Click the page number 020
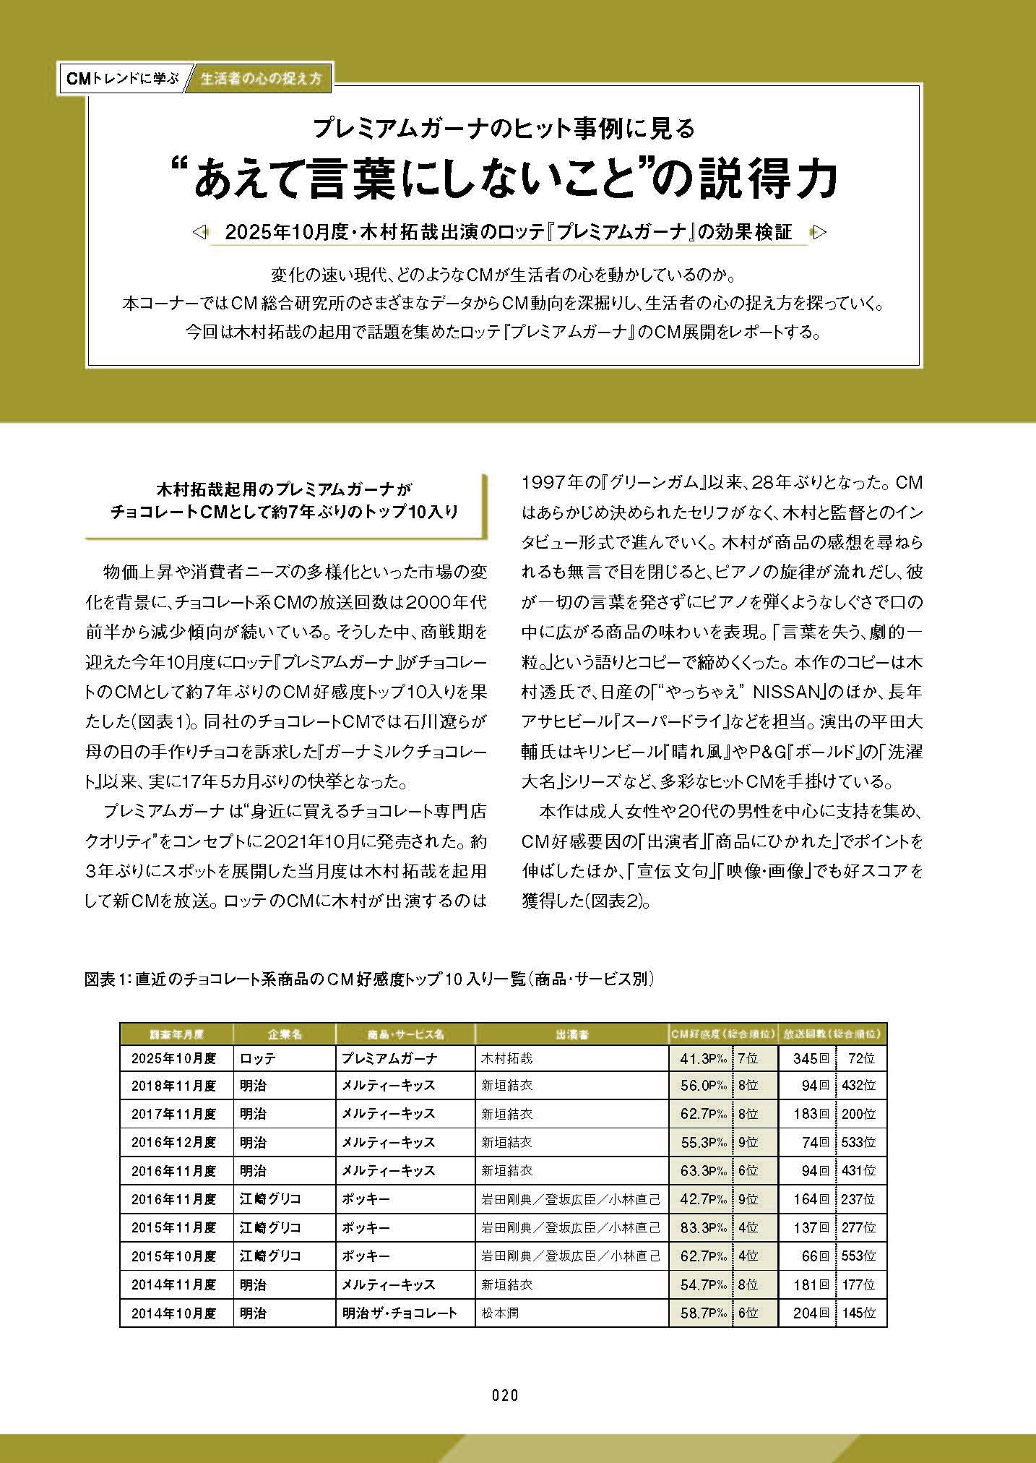tap(505, 1395)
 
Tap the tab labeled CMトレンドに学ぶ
tap(122, 78)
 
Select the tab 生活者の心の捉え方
tap(261, 78)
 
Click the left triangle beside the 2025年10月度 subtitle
tap(200, 232)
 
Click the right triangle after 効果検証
tap(819, 232)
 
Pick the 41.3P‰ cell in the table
tap(702, 1059)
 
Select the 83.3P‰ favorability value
tap(702, 1228)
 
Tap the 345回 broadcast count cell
tap(810, 1059)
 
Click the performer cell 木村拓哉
tap(507, 1059)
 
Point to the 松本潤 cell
tap(500, 1313)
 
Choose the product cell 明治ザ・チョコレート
tap(400, 1313)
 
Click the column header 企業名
tap(284, 1034)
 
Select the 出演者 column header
tap(571, 1034)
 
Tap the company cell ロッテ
tap(258, 1059)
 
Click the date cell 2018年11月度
tap(174, 1086)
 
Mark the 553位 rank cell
tap(859, 1256)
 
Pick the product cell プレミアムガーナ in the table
tap(389, 1059)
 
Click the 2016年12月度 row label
tap(174, 1143)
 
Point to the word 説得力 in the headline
tap(767, 179)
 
